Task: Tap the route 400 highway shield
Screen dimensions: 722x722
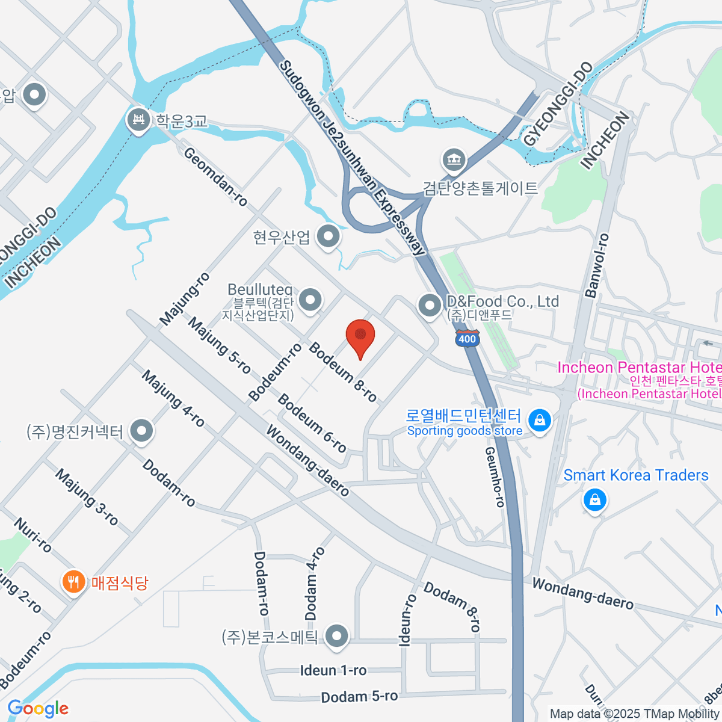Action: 467,338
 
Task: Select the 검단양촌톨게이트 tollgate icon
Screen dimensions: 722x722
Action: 454,160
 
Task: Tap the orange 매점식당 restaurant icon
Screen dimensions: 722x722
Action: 73,582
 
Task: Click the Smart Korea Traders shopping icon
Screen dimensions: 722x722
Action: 594,500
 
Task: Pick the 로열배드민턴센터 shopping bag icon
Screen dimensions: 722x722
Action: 540,421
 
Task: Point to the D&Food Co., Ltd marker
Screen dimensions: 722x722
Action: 430,305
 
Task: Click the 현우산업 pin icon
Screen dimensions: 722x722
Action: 328,236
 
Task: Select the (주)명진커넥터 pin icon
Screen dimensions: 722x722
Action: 142,431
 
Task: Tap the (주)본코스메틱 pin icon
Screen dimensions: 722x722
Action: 336,637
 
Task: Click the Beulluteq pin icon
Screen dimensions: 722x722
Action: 310,299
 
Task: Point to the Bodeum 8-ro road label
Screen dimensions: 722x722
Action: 343,372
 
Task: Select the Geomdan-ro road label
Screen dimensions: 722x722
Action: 215,177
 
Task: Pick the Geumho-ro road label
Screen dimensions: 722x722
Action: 495,477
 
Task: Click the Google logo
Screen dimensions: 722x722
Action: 38,708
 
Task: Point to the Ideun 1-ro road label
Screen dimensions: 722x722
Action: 333,670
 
